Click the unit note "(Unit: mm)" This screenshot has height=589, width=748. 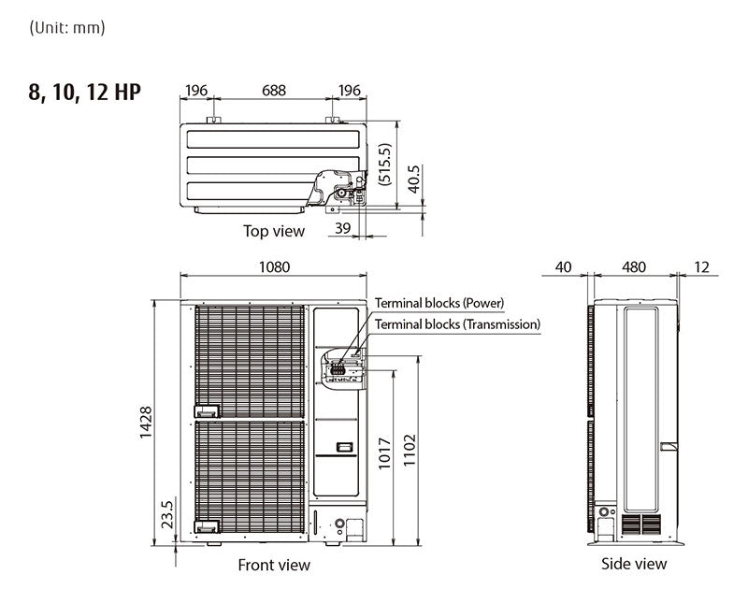tap(67, 27)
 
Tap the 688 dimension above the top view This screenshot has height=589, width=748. tap(273, 91)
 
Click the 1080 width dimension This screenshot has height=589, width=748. tap(274, 266)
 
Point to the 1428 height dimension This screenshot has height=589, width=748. tap(145, 423)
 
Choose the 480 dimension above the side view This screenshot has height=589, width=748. tap(634, 266)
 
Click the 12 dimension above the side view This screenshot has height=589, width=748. tap(701, 266)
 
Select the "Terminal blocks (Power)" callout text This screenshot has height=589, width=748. tap(439, 303)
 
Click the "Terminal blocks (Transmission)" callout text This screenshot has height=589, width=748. tap(457, 324)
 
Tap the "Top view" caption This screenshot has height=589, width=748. tap(274, 230)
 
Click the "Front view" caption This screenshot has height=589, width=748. tap(274, 565)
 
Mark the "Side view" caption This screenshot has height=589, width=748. tap(634, 564)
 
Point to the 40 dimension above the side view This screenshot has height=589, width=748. tap(563, 266)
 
